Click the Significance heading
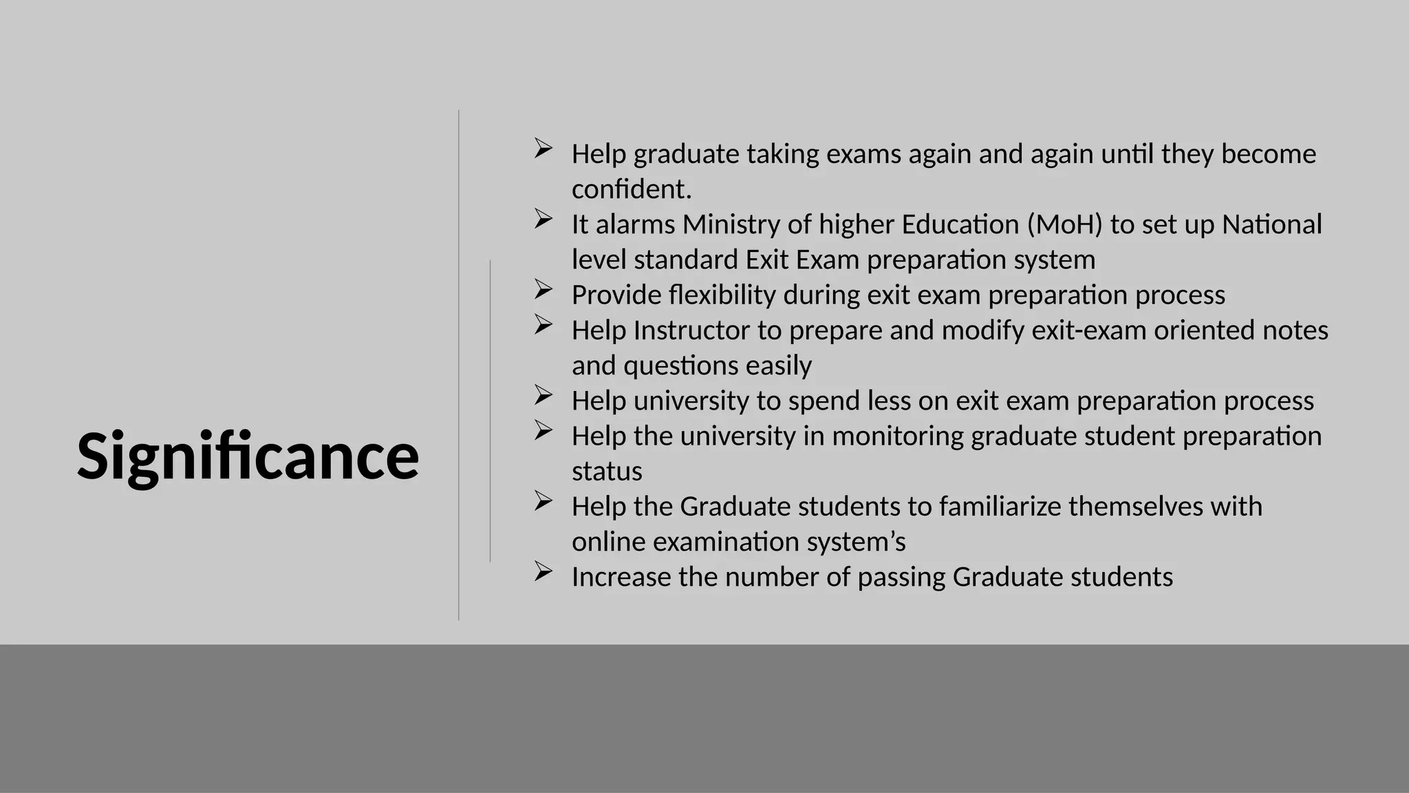click(x=248, y=456)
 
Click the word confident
click(x=630, y=189)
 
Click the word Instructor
click(x=691, y=330)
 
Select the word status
click(x=607, y=472)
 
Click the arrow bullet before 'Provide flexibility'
click(x=543, y=290)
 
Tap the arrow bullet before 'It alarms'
click(x=543, y=219)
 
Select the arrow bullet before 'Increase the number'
click(x=543, y=571)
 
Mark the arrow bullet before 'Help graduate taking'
click(x=543, y=148)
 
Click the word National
click(x=1271, y=224)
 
